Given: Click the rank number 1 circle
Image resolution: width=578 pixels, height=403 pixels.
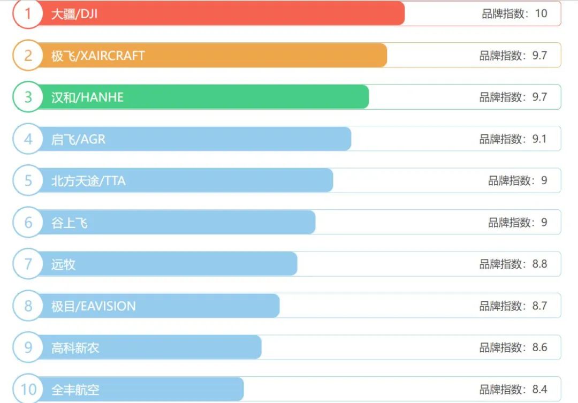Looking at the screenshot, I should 28,14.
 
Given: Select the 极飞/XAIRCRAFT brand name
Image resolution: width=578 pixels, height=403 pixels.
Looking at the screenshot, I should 98,56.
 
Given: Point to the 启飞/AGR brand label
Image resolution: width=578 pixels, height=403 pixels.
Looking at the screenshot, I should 78,139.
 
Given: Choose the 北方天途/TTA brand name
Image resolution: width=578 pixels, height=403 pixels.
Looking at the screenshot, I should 88,181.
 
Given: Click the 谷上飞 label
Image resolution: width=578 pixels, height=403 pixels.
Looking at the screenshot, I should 70,223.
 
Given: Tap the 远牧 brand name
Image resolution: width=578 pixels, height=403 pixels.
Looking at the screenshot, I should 63,264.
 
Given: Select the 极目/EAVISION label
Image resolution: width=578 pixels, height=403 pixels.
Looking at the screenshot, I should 94,306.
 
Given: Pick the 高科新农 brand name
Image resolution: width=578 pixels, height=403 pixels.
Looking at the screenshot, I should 75,348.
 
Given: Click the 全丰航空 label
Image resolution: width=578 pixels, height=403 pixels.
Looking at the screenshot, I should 75,390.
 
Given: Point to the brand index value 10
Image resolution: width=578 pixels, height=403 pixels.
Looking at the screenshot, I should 541,13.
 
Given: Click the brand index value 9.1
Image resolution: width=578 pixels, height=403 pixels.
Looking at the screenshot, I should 539,139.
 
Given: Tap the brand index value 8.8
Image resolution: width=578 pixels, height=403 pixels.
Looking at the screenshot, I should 539,264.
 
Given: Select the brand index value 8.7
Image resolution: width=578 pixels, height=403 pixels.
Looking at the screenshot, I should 539,306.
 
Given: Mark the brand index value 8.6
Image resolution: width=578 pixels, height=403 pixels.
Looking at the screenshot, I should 539,347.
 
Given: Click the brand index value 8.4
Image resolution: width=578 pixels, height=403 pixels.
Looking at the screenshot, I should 539,389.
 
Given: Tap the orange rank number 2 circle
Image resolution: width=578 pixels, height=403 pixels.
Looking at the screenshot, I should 28,56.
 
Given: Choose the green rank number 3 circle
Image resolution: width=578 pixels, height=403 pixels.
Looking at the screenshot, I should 28,97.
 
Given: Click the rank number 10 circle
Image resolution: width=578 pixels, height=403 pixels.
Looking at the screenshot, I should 28,389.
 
